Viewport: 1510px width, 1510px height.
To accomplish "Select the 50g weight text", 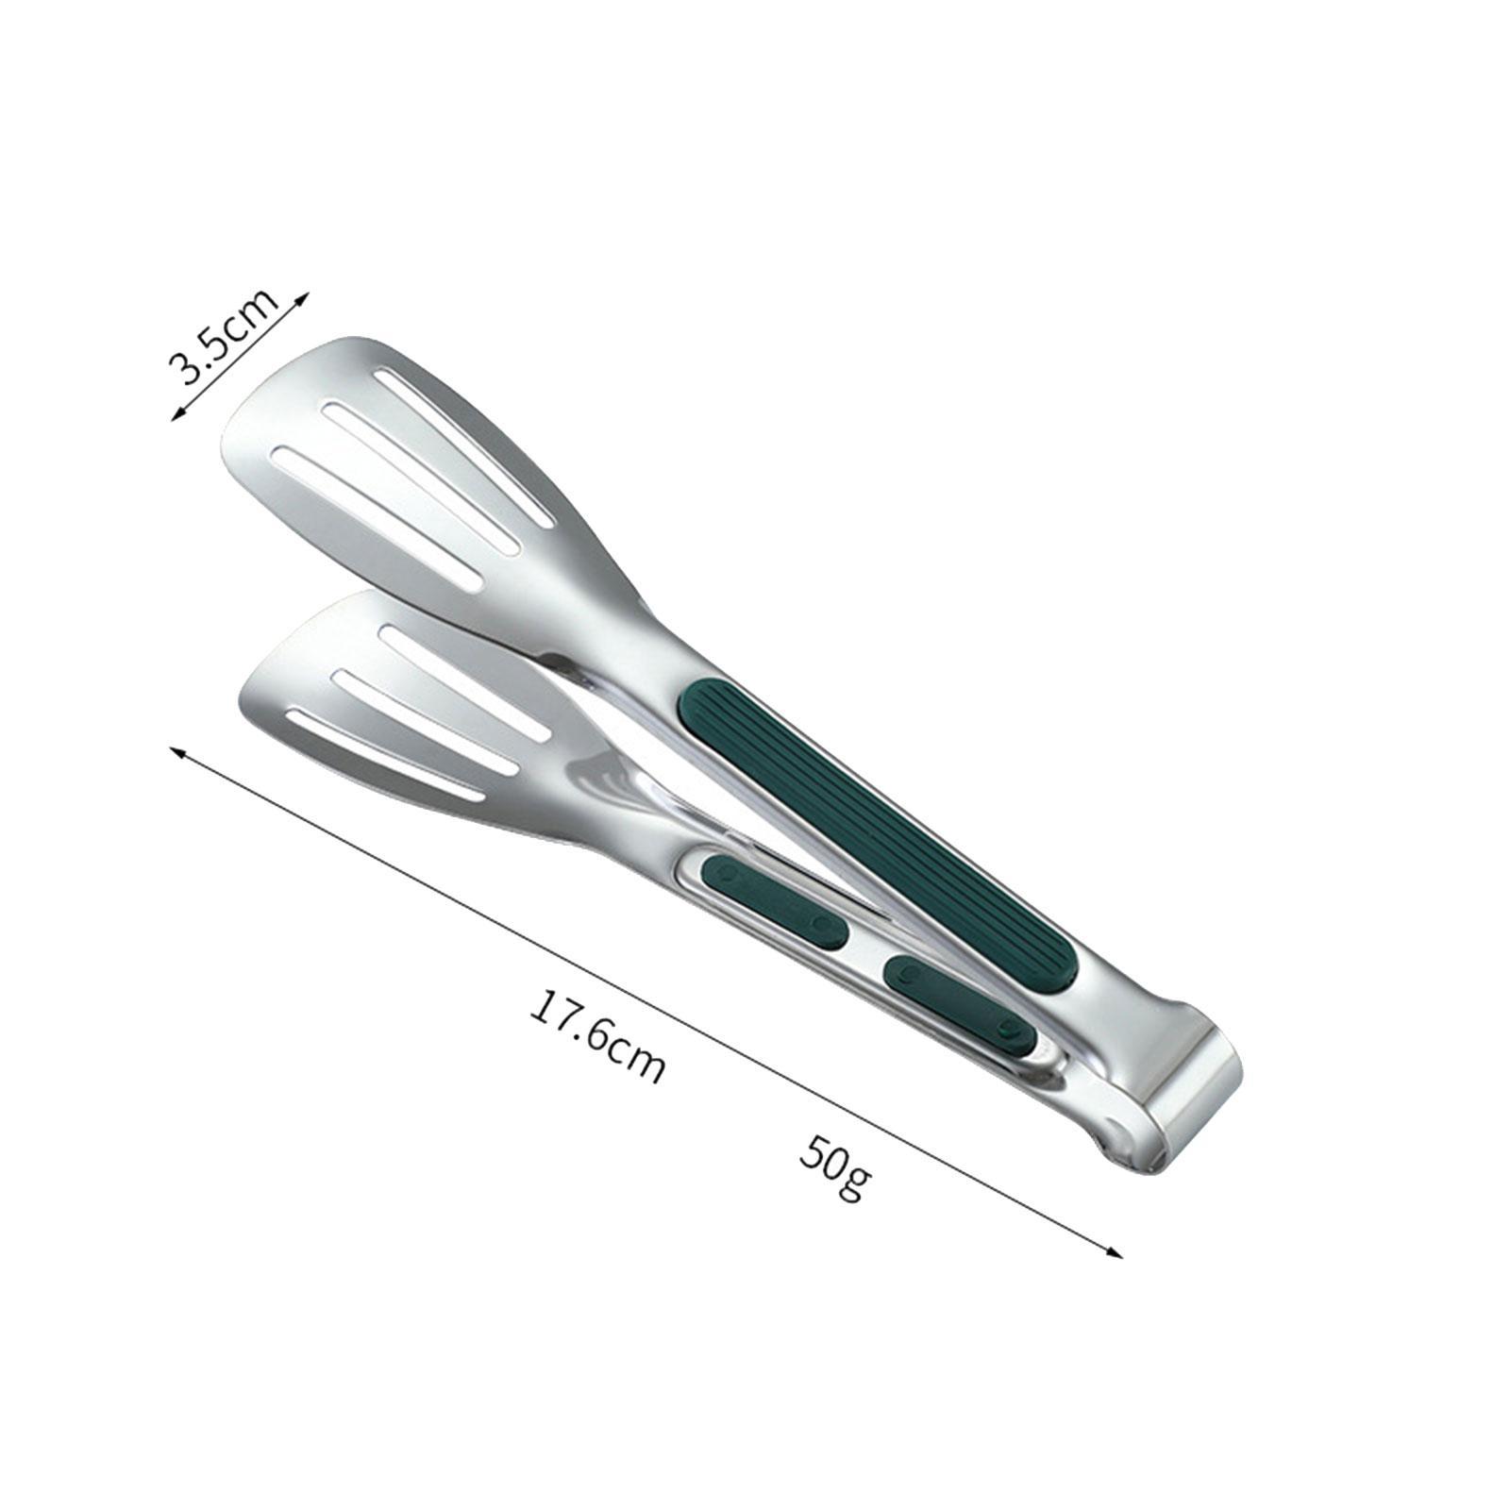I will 834,1166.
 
